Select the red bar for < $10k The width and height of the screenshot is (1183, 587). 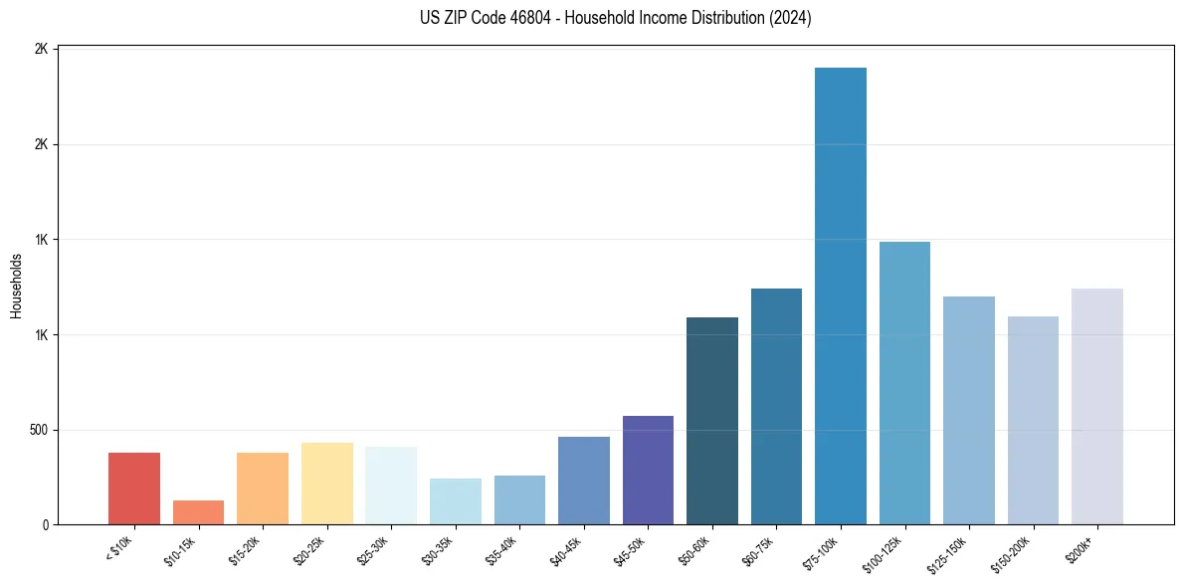coord(134,489)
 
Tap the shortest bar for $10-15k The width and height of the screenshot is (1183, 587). coord(198,512)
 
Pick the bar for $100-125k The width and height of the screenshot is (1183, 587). coord(904,383)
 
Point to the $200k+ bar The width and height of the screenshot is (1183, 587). coord(1097,407)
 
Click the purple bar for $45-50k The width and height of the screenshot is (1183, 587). coord(648,471)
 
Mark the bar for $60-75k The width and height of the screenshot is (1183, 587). coord(776,407)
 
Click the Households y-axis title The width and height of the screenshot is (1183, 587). coord(16,286)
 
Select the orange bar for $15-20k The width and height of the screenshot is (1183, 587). coord(263,489)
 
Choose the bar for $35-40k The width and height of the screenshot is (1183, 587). coord(519,500)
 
